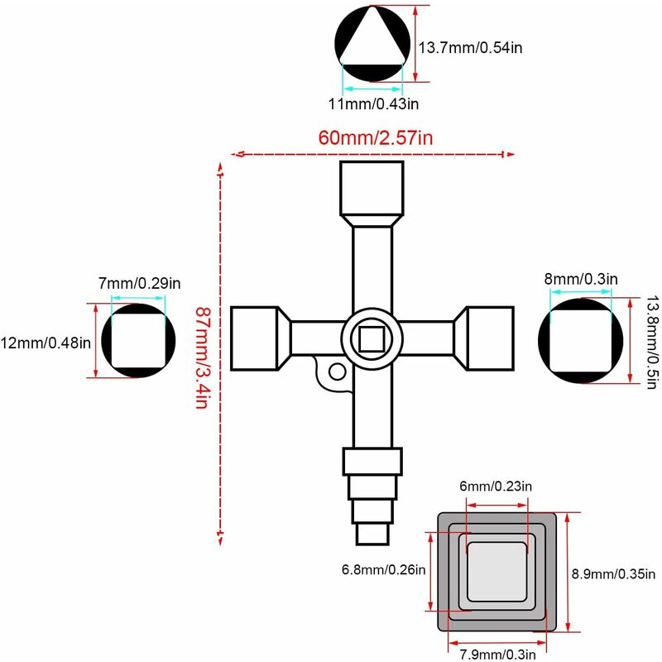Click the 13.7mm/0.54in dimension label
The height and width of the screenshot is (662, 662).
(x=469, y=48)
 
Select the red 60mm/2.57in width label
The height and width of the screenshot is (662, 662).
(x=375, y=137)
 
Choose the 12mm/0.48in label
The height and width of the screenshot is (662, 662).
(x=46, y=342)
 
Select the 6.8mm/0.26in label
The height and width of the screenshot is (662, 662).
(x=383, y=568)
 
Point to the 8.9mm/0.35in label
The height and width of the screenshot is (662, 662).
(x=614, y=573)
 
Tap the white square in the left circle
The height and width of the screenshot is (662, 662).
(x=139, y=340)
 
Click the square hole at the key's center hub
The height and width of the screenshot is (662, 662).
(x=372, y=338)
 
